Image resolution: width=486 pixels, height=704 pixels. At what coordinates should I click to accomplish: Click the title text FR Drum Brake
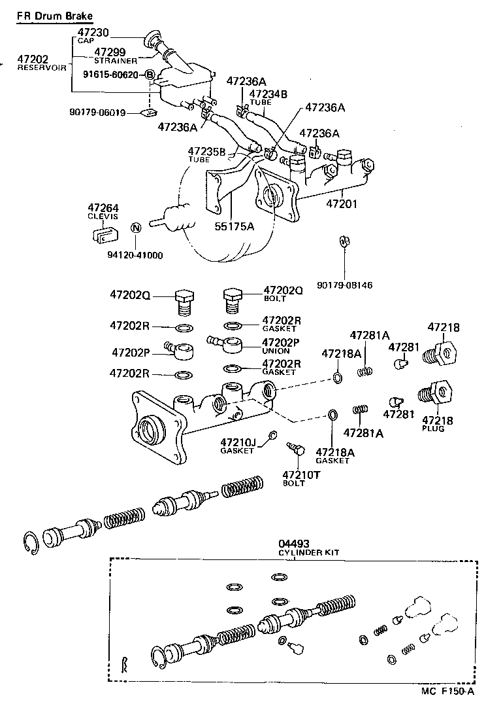(x=54, y=15)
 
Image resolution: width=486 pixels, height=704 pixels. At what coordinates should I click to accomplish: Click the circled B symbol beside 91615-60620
(x=149, y=75)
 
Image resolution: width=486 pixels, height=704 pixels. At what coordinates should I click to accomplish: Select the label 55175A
(x=235, y=226)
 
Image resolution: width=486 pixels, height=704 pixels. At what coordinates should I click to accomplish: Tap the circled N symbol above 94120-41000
(x=136, y=228)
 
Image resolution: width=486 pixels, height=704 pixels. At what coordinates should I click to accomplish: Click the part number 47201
(x=343, y=205)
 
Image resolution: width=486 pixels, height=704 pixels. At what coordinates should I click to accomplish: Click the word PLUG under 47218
(x=433, y=429)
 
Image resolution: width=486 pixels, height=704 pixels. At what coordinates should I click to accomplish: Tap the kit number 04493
(x=292, y=544)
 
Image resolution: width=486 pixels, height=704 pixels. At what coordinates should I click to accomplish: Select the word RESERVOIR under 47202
(x=42, y=67)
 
